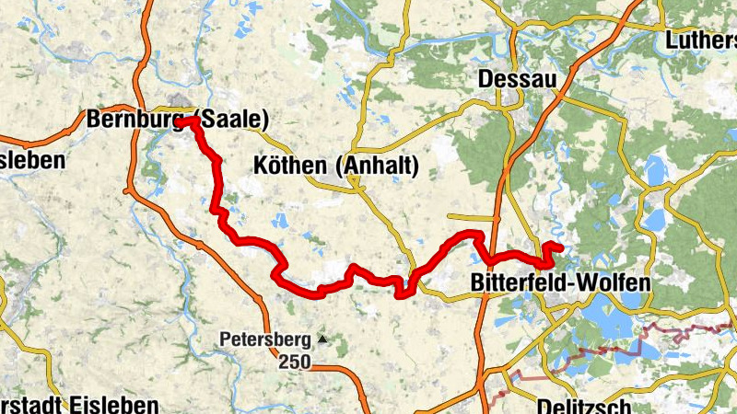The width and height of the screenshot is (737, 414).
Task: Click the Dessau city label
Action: (x=518, y=80)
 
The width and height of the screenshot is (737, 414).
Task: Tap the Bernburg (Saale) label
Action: (x=177, y=120)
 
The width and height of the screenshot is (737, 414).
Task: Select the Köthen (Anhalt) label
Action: (x=335, y=167)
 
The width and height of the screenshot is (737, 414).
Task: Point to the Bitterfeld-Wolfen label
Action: (x=560, y=282)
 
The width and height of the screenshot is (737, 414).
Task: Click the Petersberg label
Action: (x=265, y=339)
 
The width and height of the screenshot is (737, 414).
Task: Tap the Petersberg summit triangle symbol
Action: (x=322, y=339)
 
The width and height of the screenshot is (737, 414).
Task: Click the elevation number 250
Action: (x=294, y=362)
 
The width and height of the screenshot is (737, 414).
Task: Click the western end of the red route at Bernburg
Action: (x=181, y=121)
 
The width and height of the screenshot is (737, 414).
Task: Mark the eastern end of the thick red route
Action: (x=559, y=247)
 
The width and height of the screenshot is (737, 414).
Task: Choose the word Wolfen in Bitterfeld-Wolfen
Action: (x=616, y=282)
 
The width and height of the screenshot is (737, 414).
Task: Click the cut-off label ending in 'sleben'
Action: (x=32, y=159)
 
